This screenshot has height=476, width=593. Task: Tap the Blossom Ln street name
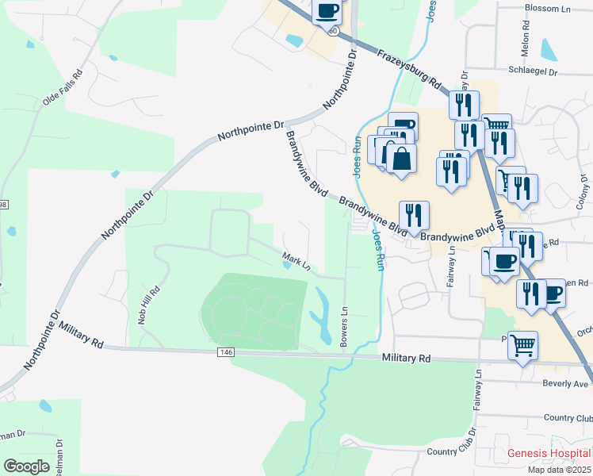[549, 8]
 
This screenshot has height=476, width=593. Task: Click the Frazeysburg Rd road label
[409, 69]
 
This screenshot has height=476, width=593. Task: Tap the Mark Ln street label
[295, 259]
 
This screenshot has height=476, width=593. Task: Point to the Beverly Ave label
[565, 383]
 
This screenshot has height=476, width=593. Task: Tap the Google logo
[26, 466]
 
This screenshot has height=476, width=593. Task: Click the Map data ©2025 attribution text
[559, 470]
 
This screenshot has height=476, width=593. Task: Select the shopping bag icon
[402, 159]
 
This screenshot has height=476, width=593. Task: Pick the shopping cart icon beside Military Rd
[522, 345]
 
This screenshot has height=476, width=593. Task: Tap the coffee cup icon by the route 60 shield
[327, 11]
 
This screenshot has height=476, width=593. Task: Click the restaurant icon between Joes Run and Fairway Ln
[414, 215]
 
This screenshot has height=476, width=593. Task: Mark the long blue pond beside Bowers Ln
[323, 315]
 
